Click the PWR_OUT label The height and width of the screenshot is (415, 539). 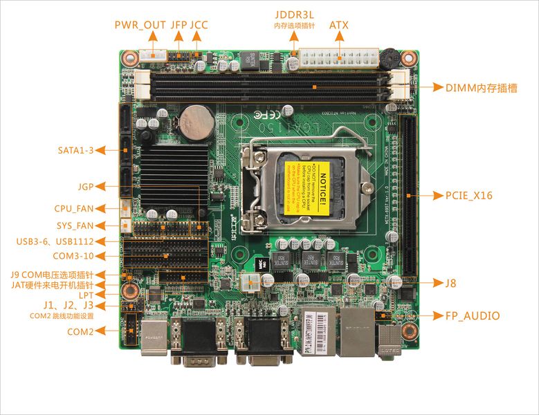tap(140, 25)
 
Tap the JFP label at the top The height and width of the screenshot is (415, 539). tap(179, 25)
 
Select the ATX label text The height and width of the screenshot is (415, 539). tap(338, 25)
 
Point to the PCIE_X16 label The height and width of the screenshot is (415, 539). tap(464, 196)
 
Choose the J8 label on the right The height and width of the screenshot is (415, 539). tap(450, 283)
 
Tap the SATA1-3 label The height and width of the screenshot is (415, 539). tap(75, 150)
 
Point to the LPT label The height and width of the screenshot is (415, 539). tap(86, 295)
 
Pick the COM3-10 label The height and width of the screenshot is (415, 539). tap(72, 256)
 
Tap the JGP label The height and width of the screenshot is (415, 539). tap(86, 186)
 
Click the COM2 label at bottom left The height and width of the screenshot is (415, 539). tap(80, 331)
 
